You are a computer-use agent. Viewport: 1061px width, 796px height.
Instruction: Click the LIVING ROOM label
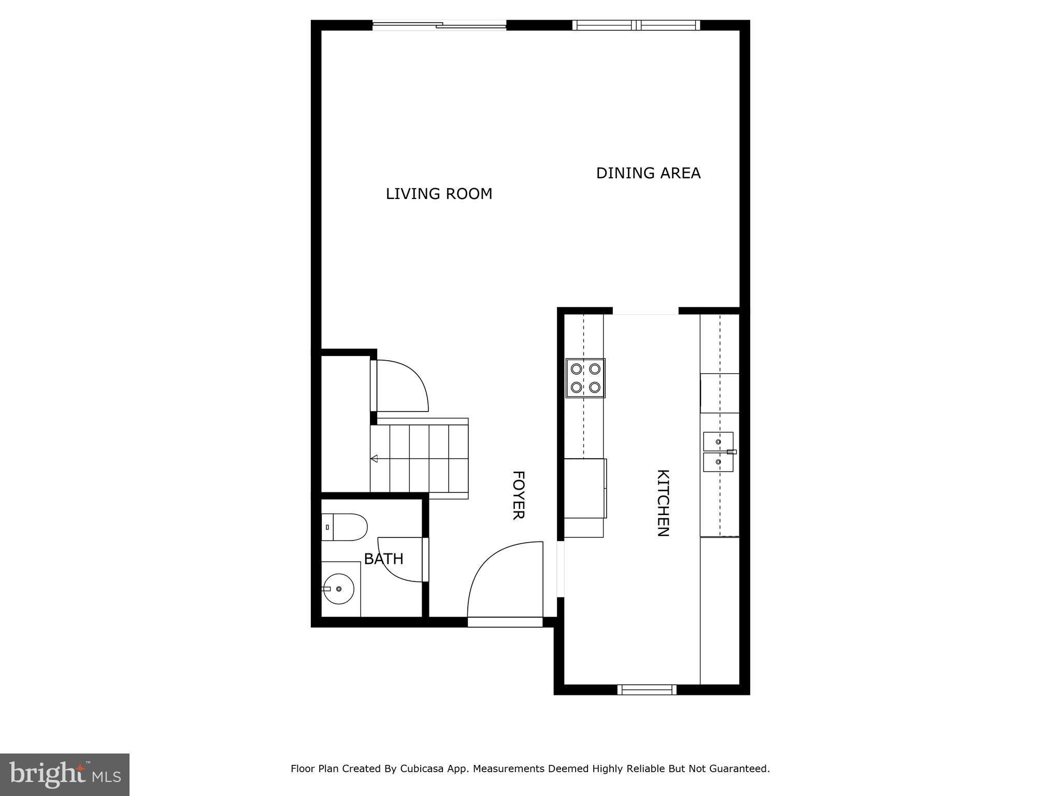coord(439,194)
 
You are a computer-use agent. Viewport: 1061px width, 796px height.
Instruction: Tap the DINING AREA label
coord(648,173)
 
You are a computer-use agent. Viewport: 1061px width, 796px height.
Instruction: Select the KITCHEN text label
coord(663,503)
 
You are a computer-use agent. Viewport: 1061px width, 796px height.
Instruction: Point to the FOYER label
coord(519,494)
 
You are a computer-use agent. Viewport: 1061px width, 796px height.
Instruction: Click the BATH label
coord(383,559)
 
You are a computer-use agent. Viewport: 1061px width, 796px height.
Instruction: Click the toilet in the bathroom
coord(344,527)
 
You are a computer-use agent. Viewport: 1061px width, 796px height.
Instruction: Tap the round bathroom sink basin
coord(338,589)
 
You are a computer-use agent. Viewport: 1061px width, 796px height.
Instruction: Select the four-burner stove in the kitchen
coord(585,378)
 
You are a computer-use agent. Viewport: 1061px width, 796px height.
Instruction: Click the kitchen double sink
coord(719,452)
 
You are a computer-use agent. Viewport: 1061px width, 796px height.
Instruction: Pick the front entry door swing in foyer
coord(505,580)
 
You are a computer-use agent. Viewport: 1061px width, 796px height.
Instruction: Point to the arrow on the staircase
coord(374,459)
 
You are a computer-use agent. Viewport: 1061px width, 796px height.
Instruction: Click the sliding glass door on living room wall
coord(439,25)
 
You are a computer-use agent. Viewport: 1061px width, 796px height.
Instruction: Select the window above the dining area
coord(636,25)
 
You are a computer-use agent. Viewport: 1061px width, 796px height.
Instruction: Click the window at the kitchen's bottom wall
coord(647,689)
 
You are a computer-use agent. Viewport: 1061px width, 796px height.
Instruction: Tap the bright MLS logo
coord(65,774)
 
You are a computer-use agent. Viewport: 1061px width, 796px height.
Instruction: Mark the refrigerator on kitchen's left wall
coord(584,488)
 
